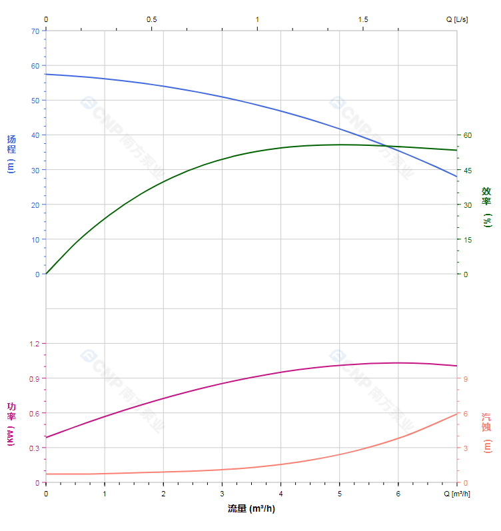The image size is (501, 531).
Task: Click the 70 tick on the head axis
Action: (35, 31)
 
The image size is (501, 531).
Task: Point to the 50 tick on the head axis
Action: (35, 100)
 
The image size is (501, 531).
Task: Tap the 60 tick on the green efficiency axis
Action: (468, 135)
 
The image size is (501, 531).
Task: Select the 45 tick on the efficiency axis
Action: (468, 170)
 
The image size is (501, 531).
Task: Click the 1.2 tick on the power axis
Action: (34, 344)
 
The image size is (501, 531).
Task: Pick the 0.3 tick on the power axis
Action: (34, 448)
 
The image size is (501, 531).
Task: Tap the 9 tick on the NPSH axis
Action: (466, 378)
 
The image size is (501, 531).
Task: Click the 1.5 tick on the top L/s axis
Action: (363, 19)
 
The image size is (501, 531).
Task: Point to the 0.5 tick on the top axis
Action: (152, 19)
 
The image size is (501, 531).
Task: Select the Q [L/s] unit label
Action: (457, 19)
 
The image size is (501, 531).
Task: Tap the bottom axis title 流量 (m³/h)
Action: (251, 509)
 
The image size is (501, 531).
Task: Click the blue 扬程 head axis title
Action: (11, 153)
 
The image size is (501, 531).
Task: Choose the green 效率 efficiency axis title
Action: (487, 207)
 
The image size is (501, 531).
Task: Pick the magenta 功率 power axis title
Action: (11, 424)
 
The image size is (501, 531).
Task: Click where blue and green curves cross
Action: (388, 146)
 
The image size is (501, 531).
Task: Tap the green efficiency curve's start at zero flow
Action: (46, 274)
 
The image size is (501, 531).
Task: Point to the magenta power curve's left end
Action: (46, 437)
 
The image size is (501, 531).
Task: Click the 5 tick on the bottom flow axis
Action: (340, 494)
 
